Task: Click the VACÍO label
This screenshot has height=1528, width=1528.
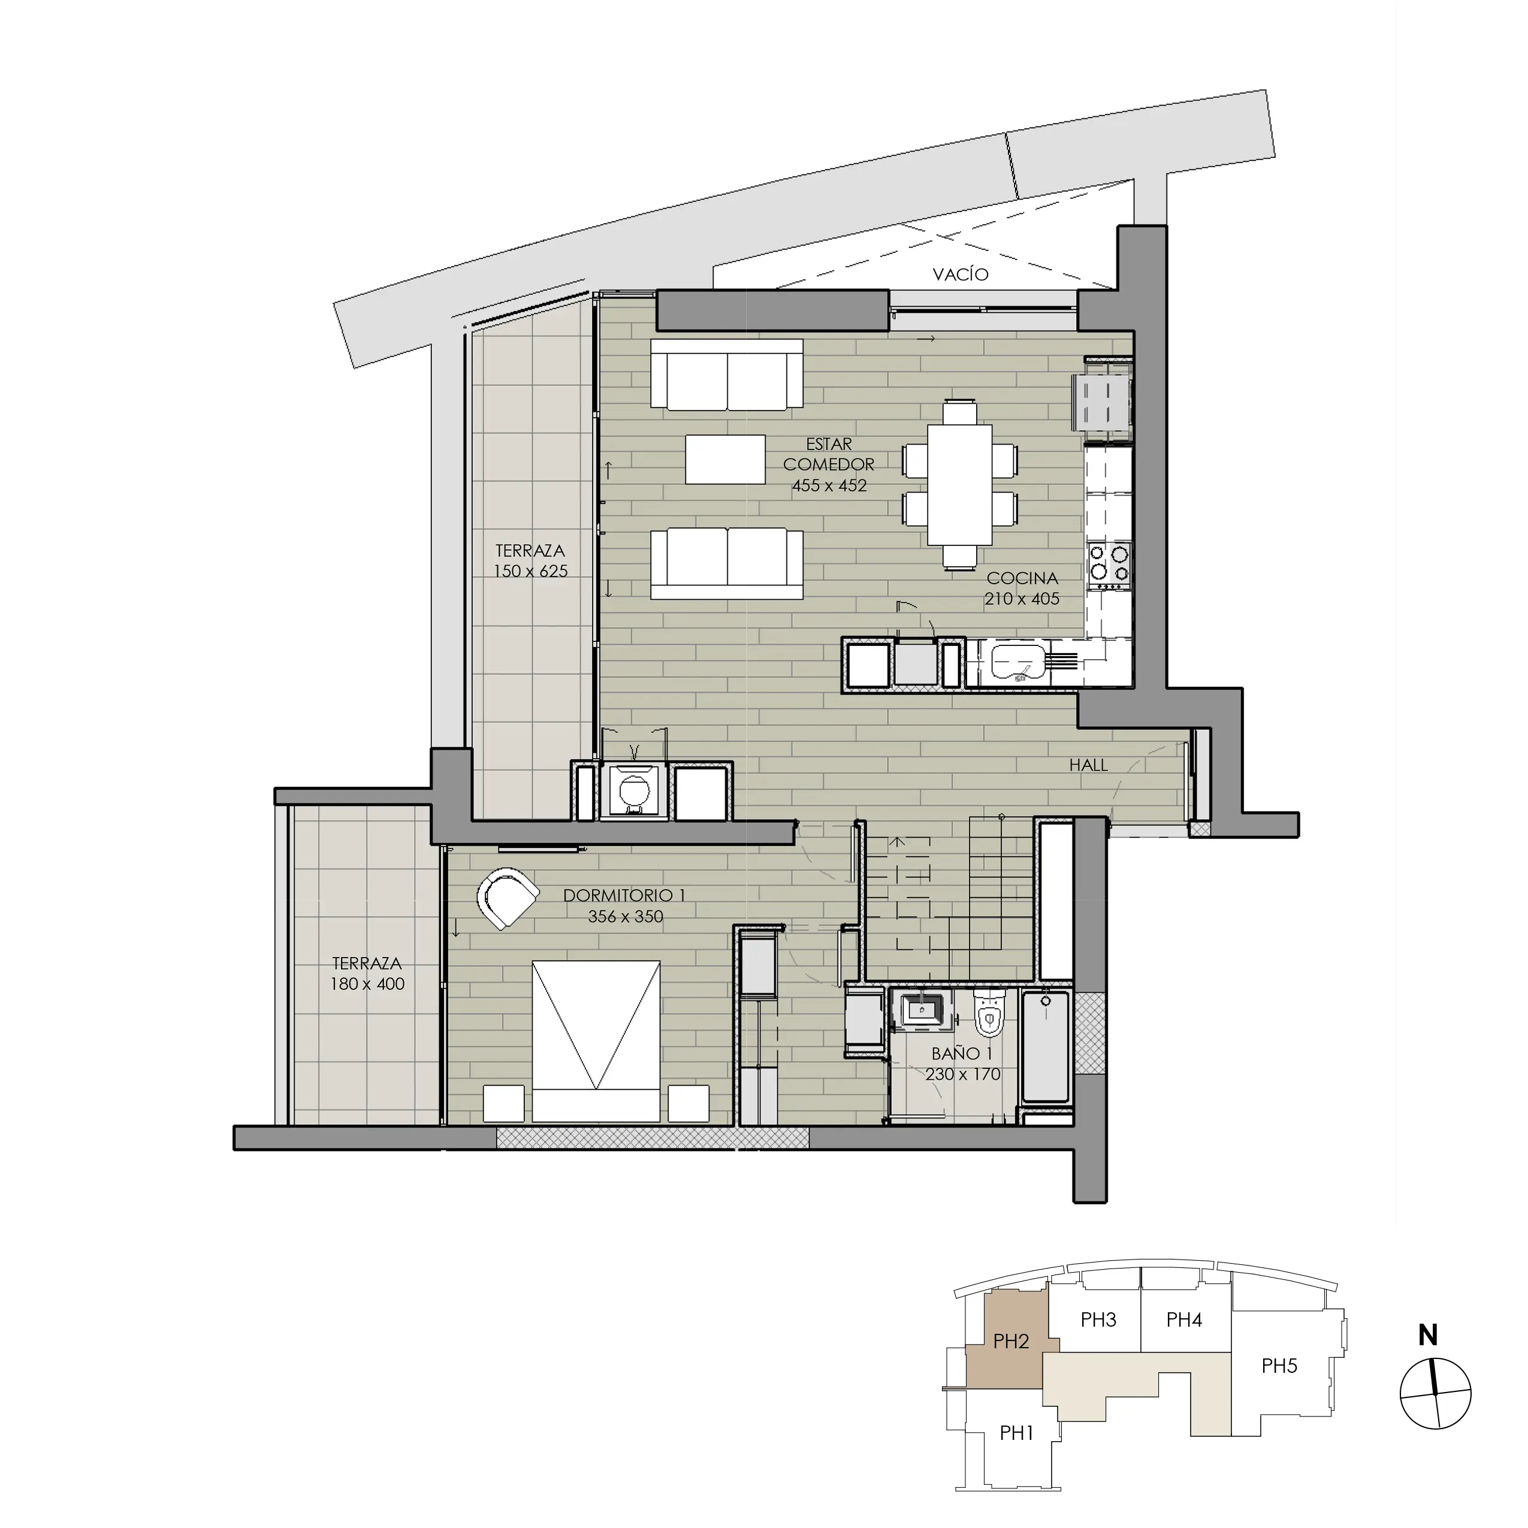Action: tap(960, 274)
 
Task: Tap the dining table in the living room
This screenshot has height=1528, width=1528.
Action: tap(959, 485)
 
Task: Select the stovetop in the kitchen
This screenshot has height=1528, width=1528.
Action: tap(1109, 564)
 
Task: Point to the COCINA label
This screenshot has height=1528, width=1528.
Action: tap(1022, 578)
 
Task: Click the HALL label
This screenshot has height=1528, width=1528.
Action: tap(1088, 765)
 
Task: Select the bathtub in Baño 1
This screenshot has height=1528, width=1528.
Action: tap(1046, 1046)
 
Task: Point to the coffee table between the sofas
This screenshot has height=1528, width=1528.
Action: tap(725, 459)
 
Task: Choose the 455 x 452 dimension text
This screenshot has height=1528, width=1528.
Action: tap(829, 485)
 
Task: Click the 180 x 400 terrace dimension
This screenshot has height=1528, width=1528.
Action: tap(367, 984)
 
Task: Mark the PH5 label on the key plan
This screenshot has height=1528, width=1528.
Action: tap(1279, 1366)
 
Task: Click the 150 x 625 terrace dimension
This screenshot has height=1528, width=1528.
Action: tap(531, 571)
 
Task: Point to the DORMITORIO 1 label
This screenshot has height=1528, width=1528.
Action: tap(624, 895)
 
